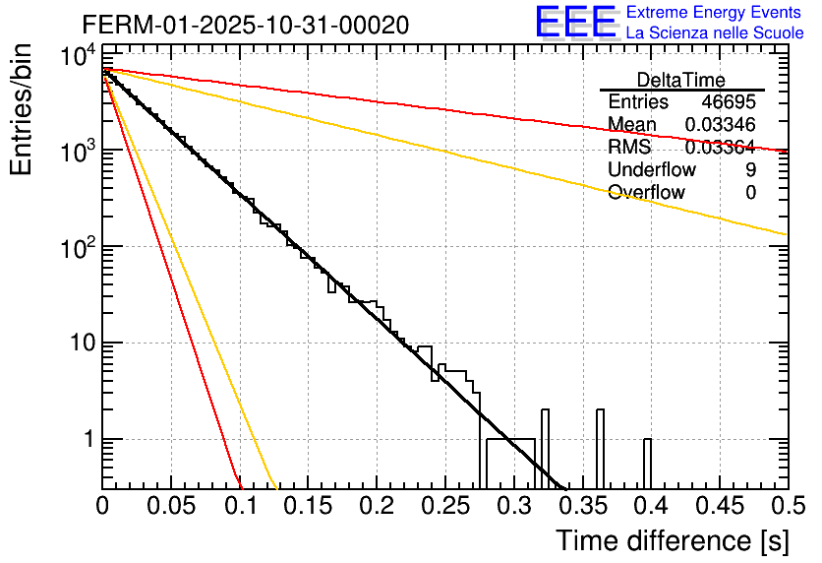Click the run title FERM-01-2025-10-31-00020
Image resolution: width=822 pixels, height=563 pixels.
coord(245,24)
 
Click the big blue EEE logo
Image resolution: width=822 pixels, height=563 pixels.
coord(574,23)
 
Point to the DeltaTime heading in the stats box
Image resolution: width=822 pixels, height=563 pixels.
coord(680,80)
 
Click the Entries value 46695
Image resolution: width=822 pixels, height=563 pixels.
coord(729,102)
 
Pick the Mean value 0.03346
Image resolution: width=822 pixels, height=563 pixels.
coord(720,125)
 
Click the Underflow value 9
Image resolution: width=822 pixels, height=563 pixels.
coord(750,170)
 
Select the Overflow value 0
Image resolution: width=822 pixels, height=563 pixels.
coord(750,193)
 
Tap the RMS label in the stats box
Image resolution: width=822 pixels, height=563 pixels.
coord(629,148)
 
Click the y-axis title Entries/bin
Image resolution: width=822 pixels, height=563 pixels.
coord(24,108)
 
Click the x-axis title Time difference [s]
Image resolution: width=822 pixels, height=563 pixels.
coord(672,540)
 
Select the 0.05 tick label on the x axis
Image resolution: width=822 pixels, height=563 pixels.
coord(171,507)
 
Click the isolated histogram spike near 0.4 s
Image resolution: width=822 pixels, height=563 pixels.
coord(648,463)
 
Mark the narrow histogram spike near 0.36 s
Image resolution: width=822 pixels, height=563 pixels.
coord(601,448)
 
